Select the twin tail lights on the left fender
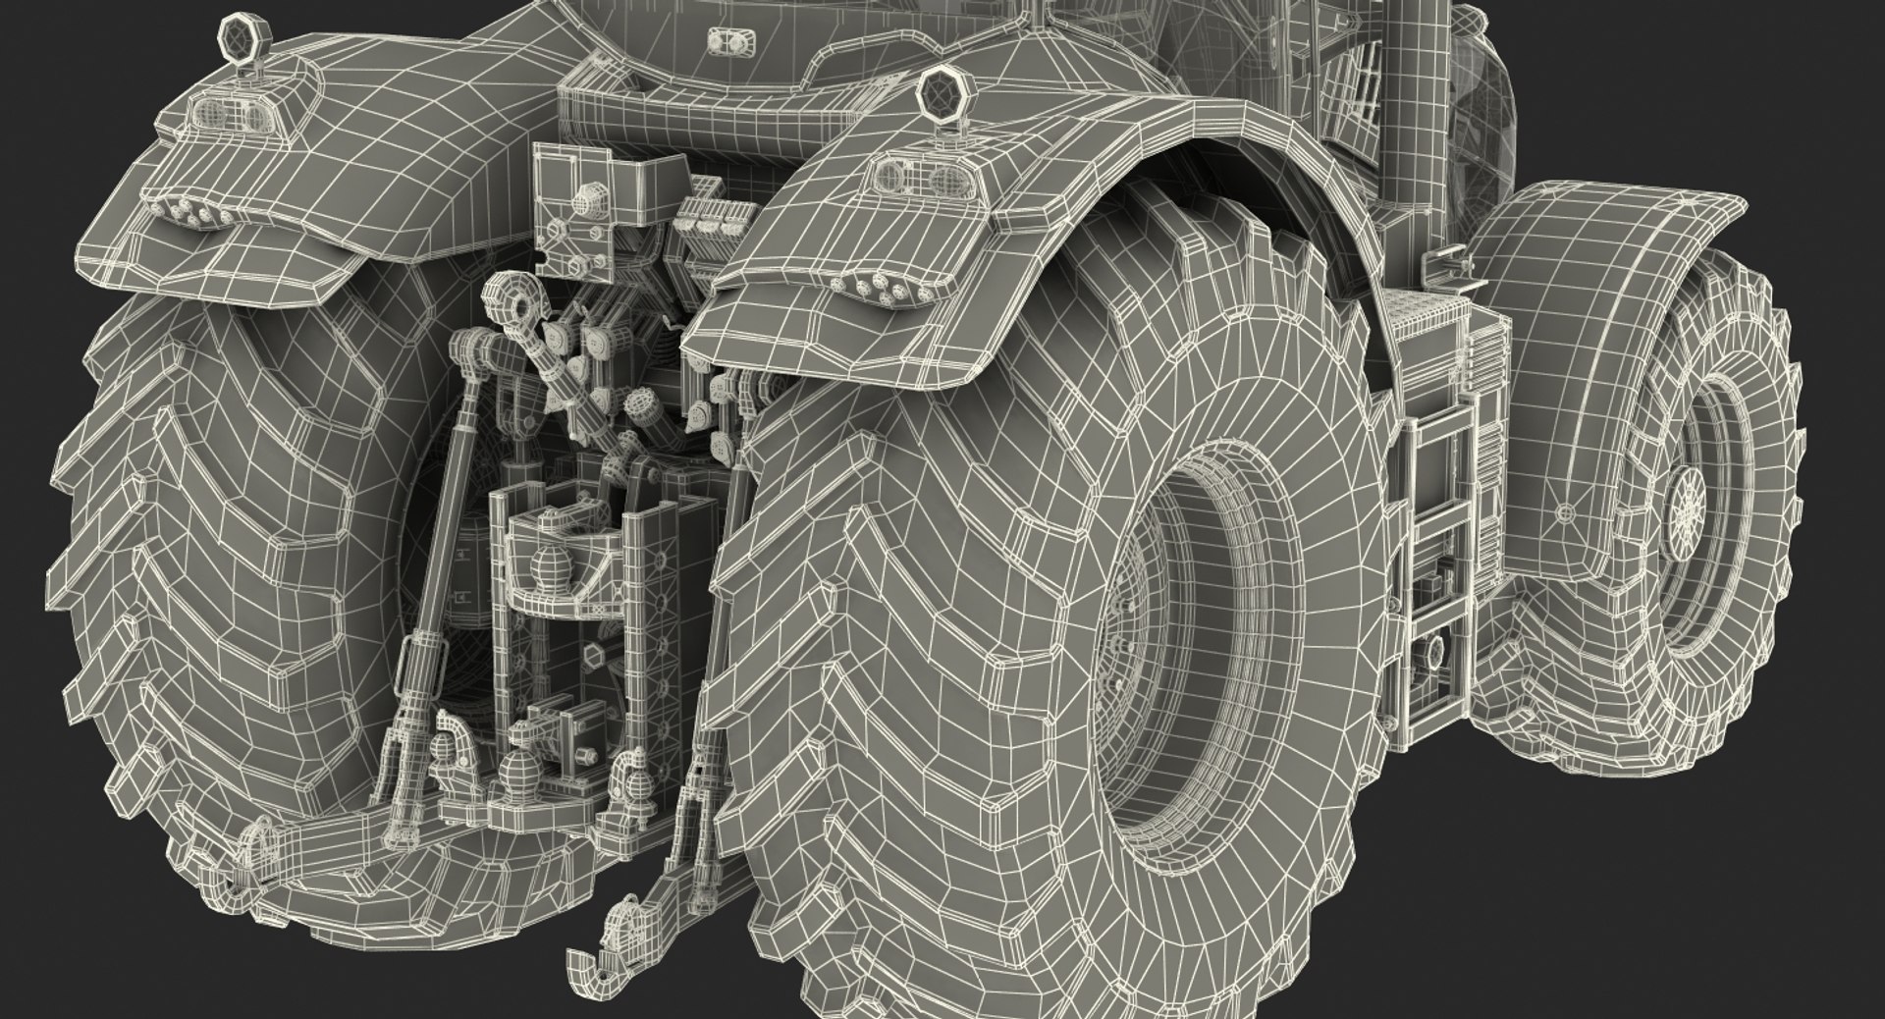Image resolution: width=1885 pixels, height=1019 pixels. point(235,116)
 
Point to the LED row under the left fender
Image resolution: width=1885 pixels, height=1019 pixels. point(196,213)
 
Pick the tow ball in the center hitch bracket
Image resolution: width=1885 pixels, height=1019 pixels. point(546,569)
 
